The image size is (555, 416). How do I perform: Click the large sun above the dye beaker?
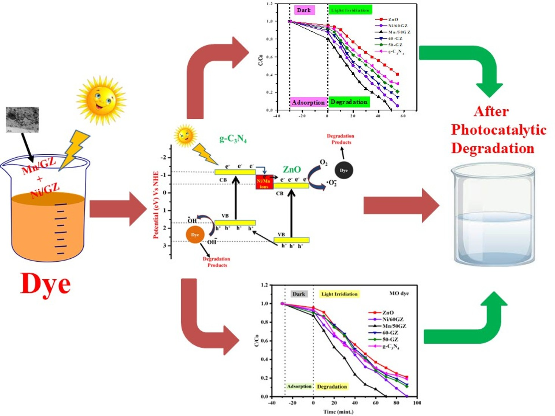click(x=101, y=100)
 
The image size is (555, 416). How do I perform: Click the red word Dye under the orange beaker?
click(x=45, y=284)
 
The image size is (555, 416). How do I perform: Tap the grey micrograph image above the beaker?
click(x=22, y=120)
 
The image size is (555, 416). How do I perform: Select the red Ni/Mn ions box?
click(x=264, y=182)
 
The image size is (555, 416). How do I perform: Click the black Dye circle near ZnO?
click(x=344, y=170)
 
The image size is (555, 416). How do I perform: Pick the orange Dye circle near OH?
click(x=195, y=235)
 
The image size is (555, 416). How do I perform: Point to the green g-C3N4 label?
click(x=233, y=139)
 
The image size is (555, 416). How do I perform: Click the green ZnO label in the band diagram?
click(x=292, y=169)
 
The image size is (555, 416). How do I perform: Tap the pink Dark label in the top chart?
click(x=304, y=10)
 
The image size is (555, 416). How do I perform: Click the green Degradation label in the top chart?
click(x=349, y=102)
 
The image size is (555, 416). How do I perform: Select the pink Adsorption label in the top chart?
click(x=308, y=102)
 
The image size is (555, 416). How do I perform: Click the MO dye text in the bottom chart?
click(x=399, y=293)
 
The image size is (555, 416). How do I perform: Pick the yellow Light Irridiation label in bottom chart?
click(x=339, y=294)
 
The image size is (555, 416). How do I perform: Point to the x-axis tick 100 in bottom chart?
click(x=417, y=403)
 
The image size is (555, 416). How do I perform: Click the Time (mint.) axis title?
click(x=338, y=411)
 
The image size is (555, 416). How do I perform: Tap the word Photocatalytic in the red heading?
click(x=499, y=130)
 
